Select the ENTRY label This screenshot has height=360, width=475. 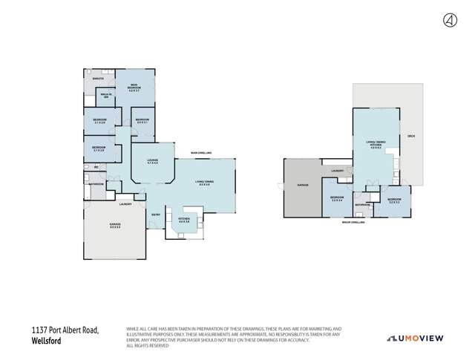point(157,215)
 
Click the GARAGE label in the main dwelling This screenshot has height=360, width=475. point(115,225)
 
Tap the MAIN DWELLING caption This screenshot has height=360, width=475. point(201,152)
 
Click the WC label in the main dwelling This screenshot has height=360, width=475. point(96,167)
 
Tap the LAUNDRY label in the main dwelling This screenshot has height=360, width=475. point(125,203)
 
